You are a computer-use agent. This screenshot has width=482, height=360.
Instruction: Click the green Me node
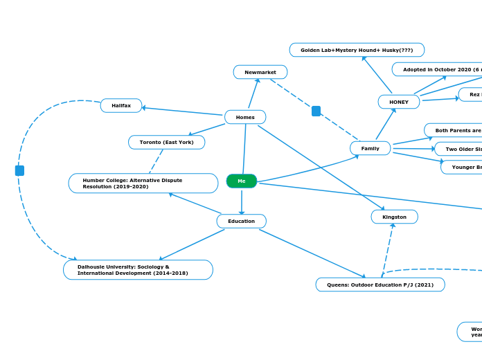[241, 181]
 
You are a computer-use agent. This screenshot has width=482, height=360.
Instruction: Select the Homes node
[245, 117]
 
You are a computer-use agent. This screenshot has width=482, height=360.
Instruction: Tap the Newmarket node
[260, 72]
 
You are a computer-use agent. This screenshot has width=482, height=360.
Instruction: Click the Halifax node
[121, 105]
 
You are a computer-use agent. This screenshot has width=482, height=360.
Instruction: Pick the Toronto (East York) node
[166, 142]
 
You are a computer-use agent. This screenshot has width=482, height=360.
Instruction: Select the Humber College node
[143, 183]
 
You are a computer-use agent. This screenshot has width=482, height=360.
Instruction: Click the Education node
[241, 221]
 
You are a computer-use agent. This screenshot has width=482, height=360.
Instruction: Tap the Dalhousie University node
[138, 269]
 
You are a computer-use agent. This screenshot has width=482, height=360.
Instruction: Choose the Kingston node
[394, 217]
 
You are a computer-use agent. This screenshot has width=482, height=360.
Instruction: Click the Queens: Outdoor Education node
[380, 285]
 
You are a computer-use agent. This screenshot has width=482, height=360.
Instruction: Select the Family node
[370, 148]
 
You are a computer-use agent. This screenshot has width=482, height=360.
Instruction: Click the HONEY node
[399, 102]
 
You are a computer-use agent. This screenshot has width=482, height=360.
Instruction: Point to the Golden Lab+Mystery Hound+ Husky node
[357, 50]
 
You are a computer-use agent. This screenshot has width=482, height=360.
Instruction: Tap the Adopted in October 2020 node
[438, 69]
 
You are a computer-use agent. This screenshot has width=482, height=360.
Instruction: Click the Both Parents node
[454, 130]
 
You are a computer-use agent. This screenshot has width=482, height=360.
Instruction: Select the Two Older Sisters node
[458, 149]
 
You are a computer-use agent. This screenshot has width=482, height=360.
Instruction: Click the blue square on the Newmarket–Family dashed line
[316, 111]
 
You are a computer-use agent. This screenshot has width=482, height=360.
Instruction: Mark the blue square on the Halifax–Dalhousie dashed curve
[19, 170]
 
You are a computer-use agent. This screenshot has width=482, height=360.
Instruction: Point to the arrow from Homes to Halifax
[184, 111]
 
